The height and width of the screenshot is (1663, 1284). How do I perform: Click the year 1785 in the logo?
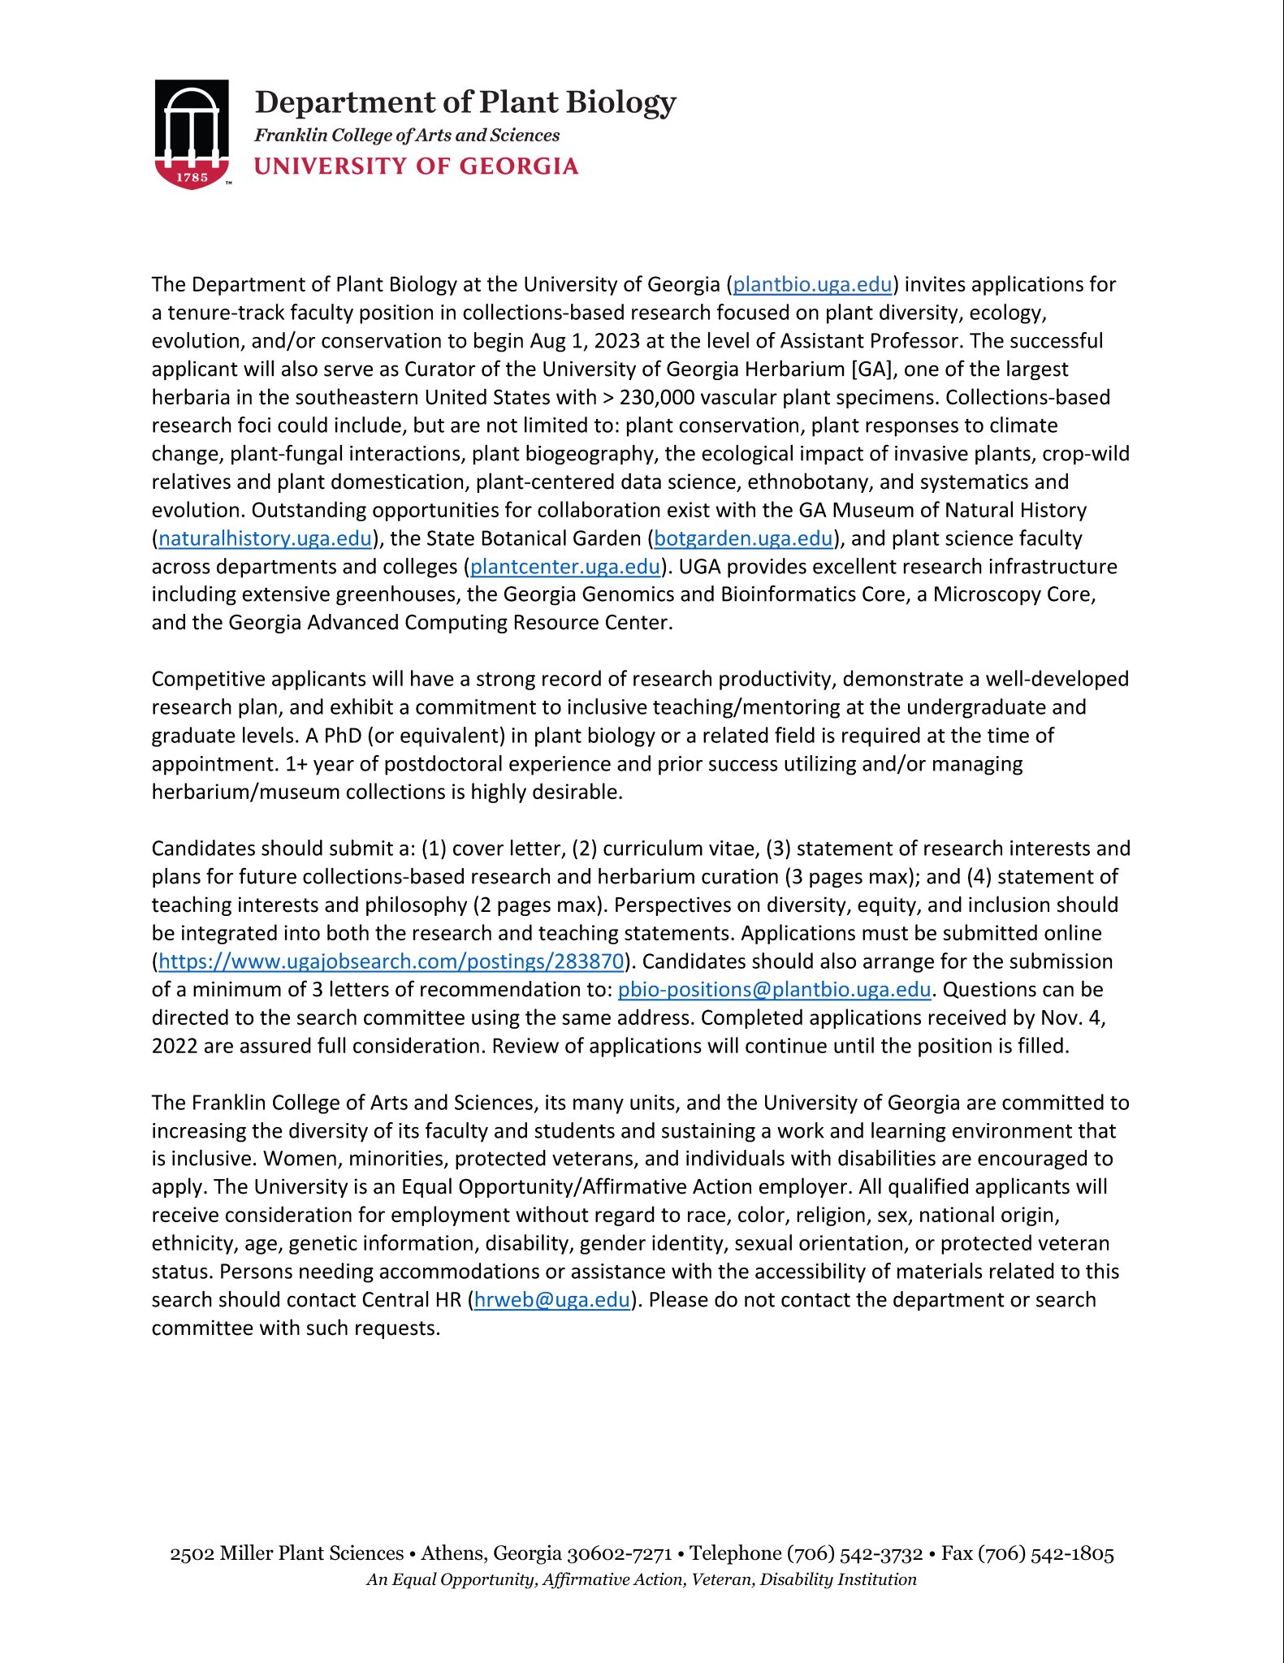192,177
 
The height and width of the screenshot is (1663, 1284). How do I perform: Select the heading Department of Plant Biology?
465,102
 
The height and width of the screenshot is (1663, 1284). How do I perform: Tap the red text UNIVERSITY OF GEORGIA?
416,166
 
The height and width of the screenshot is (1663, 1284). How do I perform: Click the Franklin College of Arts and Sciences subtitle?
407,136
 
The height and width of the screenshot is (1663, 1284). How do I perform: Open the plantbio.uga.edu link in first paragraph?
812,284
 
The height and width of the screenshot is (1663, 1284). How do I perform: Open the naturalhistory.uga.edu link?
265,538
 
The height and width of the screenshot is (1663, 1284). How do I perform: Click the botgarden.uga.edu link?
743,538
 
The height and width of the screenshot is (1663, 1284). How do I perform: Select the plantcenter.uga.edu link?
565,567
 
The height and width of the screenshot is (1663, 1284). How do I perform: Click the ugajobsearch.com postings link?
391,961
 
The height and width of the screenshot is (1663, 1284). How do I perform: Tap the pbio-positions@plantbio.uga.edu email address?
774,990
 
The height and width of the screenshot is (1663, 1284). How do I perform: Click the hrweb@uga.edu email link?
551,1300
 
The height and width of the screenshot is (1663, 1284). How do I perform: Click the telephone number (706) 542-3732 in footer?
854,1554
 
